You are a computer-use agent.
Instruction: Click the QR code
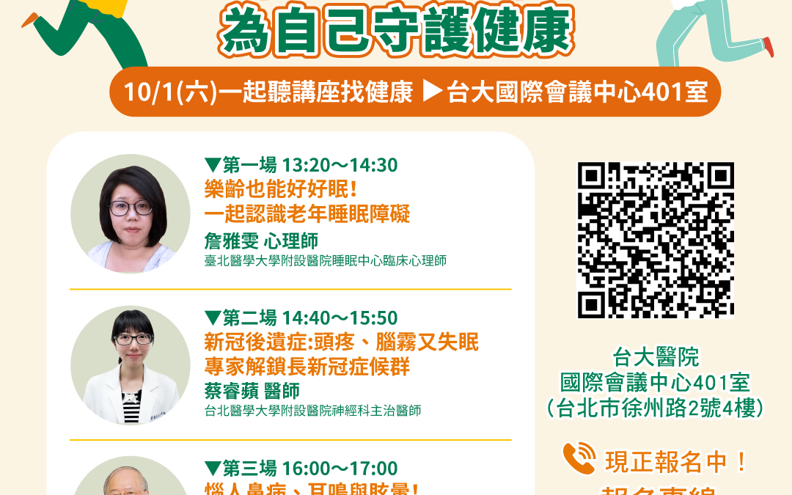coord(656,240)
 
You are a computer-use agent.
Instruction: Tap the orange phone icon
coord(579,459)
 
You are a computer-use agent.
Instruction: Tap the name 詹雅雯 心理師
coord(261,241)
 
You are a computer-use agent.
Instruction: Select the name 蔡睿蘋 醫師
coord(252,391)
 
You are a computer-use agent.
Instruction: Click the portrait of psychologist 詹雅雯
coord(130,214)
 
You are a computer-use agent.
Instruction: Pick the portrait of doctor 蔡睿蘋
coord(130,365)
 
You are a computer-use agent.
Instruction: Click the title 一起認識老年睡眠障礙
coord(307,214)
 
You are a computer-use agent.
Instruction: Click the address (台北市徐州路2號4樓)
coord(656,408)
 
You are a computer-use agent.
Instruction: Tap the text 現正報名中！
coord(675,462)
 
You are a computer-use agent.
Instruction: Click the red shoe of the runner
coord(767,46)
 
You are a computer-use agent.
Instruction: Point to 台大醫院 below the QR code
coord(656,358)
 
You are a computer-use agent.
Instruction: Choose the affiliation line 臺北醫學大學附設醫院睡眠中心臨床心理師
coord(326,261)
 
